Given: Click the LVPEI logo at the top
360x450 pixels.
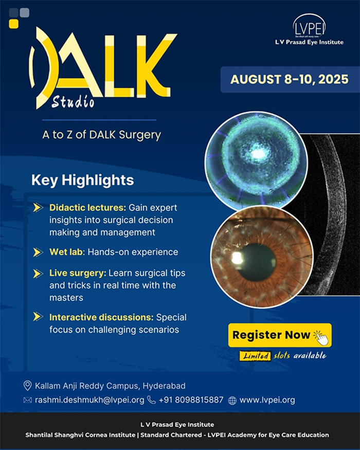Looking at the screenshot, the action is point(309,29).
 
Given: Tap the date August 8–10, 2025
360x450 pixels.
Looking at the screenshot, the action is point(290,80).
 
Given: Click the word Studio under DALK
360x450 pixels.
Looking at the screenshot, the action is point(73,101).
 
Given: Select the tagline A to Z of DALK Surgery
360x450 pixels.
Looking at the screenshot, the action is point(102,135).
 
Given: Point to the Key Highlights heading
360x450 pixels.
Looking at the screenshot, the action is point(83,180).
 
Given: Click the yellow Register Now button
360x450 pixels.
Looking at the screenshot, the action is point(280,335).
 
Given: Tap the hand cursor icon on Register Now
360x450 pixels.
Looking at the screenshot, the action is point(321,337).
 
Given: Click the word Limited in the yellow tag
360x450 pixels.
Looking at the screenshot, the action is point(256,356).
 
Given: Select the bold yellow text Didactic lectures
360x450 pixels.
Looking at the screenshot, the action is point(87,207).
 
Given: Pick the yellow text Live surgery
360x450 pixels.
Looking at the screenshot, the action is point(78,273).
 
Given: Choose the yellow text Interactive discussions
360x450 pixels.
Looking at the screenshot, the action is point(101,317).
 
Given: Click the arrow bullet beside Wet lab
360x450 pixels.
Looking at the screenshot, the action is point(38,253).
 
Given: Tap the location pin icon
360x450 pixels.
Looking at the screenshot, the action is point(27,386).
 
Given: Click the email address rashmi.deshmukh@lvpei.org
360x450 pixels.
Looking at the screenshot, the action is point(89,400).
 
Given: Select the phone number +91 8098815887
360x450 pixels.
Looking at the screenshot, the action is point(191,400).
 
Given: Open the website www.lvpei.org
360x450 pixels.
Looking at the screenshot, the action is point(267,400).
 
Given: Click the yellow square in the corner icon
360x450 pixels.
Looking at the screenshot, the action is point(13,24).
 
